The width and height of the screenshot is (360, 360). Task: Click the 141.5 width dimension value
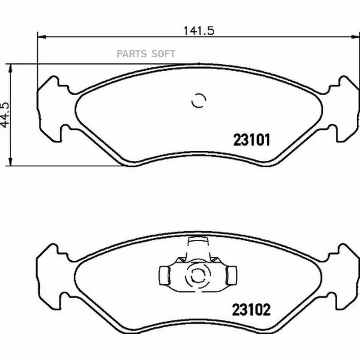coord(199,30)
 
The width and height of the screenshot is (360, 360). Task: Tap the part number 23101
coord(252,140)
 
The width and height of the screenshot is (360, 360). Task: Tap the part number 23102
coord(252,310)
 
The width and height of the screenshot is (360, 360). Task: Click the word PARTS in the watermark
coord(132,54)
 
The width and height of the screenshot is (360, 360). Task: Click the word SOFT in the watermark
coord(164,54)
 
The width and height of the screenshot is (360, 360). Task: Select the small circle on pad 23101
coord(199,100)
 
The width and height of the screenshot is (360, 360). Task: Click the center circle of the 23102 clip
coord(198,275)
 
